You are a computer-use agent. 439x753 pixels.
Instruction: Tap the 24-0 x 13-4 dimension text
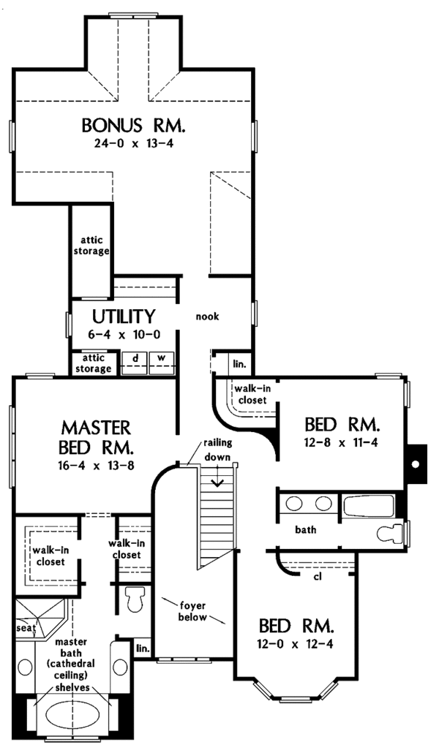pos(133,143)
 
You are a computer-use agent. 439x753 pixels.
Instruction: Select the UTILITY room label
pos(123,317)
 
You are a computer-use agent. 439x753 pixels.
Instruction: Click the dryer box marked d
pos(135,359)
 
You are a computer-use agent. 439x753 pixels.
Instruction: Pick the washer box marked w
pos(161,359)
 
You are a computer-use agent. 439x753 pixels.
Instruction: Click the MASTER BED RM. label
pos(96,436)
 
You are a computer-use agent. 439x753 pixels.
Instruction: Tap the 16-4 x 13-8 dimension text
pos(96,464)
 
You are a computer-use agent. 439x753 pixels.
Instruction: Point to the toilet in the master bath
pos(133,599)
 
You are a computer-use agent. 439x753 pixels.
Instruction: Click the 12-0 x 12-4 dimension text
pos(296,645)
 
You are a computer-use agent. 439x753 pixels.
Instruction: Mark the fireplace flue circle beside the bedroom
pos(416,463)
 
